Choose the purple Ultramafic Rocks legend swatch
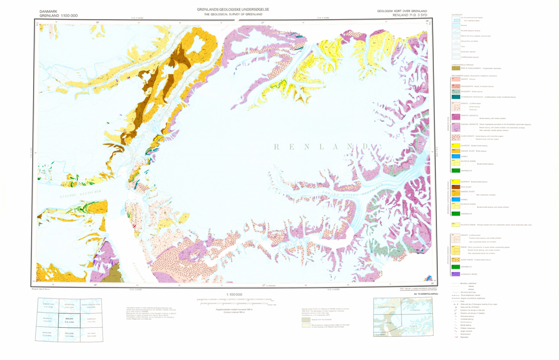[x=455, y=274]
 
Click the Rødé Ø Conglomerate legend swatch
[x=455, y=68]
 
